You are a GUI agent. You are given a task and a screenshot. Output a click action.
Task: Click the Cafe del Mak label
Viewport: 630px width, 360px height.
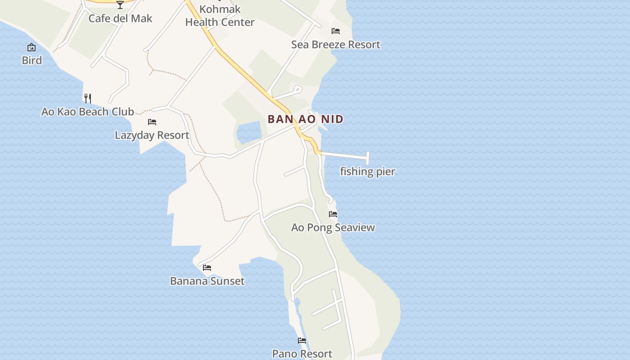click(120, 18)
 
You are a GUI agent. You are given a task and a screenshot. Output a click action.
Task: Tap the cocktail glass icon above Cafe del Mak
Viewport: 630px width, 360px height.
click(120, 5)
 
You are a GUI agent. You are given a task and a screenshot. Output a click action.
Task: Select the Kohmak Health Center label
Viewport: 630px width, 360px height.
click(220, 16)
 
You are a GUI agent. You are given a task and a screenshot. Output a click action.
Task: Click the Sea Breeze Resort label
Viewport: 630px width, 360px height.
click(335, 45)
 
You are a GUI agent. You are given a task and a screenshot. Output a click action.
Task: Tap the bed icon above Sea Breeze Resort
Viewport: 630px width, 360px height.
click(336, 31)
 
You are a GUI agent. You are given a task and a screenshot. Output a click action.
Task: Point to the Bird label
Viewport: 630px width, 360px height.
click(31, 60)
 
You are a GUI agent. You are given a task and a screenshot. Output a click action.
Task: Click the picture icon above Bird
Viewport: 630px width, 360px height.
click(31, 47)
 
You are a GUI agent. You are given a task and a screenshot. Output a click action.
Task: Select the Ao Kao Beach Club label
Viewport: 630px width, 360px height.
click(88, 112)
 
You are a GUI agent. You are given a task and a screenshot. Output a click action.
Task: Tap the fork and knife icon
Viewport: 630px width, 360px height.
click(88, 98)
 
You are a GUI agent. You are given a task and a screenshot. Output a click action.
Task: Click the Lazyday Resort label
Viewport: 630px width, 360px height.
click(152, 135)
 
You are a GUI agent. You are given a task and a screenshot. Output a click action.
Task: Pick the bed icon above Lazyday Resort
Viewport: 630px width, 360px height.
click(152, 122)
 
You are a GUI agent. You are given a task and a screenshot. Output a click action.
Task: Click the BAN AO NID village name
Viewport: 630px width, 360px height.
click(306, 119)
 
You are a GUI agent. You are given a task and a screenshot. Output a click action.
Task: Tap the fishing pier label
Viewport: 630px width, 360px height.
click(367, 171)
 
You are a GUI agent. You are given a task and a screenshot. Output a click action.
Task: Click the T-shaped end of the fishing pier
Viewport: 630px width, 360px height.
click(368, 158)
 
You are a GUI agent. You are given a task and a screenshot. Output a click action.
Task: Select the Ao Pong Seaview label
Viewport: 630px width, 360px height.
click(333, 227)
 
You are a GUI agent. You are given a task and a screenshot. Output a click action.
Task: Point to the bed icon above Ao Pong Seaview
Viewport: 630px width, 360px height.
click(333, 214)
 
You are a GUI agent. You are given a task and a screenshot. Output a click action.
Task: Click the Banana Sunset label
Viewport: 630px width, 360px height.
click(207, 281)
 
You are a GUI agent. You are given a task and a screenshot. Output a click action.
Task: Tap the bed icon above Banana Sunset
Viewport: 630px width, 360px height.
click(207, 268)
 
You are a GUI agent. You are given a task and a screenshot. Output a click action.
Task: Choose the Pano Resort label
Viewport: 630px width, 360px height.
click(302, 354)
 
